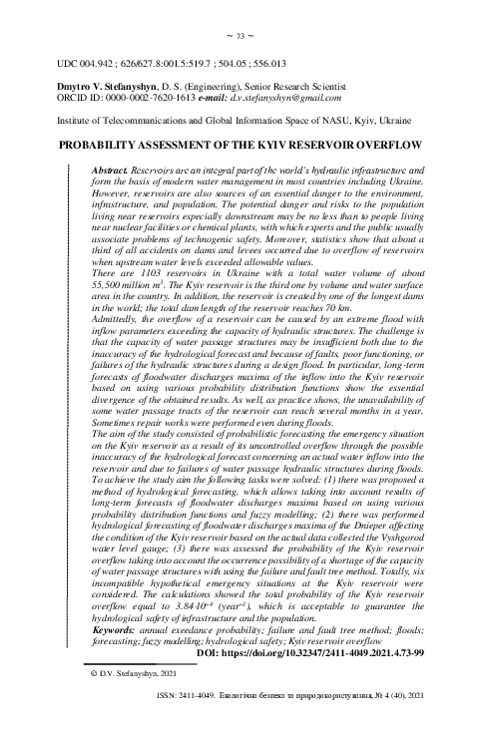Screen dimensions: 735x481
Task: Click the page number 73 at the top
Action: [x=240, y=36]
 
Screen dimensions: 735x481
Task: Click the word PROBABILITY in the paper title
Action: [x=104, y=146]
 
